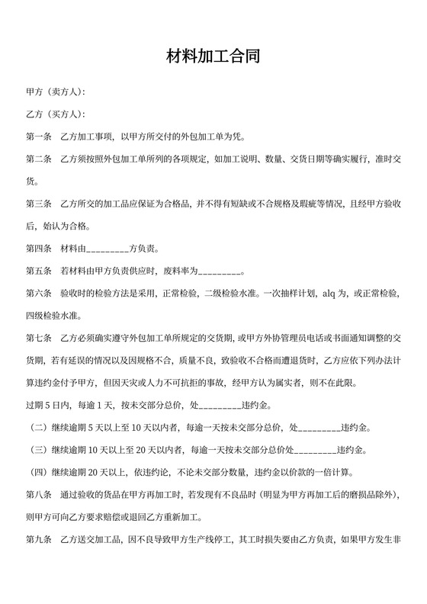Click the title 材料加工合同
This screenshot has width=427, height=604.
point(213,56)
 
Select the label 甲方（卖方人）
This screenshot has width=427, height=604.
point(55,93)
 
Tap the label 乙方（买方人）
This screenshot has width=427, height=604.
point(55,115)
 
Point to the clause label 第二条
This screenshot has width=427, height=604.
point(38,159)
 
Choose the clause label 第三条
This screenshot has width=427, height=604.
point(38,204)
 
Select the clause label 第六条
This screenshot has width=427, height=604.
point(38,294)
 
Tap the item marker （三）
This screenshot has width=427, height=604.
point(38,450)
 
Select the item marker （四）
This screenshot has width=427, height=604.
point(38,472)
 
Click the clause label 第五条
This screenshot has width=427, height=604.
point(38,271)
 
